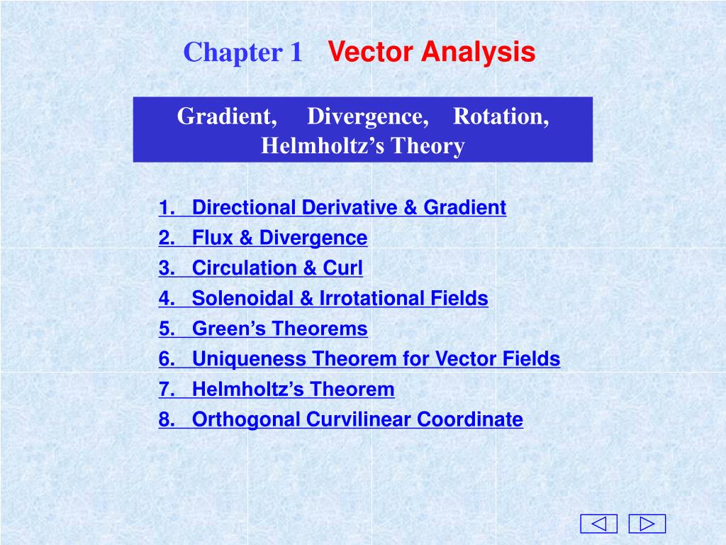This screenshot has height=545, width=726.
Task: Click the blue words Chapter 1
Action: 243,51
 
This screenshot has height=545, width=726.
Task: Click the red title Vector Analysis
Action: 432,51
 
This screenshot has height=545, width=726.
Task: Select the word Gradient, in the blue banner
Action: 227,116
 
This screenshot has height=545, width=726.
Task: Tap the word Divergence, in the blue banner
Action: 368,117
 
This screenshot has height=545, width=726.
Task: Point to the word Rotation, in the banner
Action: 501,116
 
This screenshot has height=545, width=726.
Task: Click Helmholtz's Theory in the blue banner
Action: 363,146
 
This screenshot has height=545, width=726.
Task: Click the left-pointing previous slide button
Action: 598,524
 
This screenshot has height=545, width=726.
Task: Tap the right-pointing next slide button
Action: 647,524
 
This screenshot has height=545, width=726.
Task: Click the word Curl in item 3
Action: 342,268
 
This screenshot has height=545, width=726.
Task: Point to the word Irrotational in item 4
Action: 372,298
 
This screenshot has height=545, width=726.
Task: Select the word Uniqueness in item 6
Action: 249,359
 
